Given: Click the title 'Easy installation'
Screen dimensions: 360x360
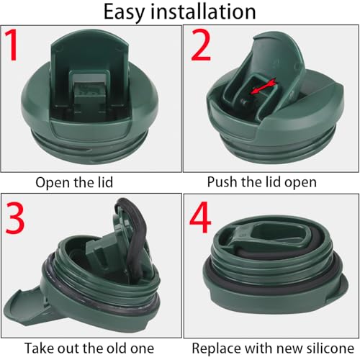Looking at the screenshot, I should pos(180,12).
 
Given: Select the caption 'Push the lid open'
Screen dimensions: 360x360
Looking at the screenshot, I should pos(261,182).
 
